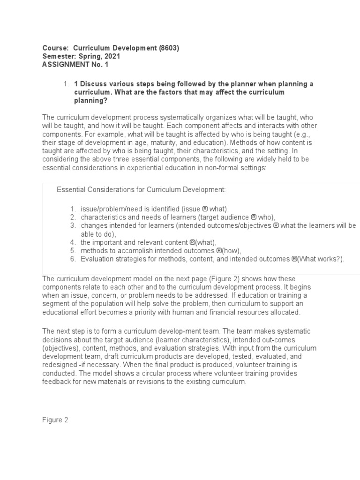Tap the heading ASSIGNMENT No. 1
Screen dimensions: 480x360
75,65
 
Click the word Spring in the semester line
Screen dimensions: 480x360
88,56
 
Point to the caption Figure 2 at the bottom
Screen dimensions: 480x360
55,420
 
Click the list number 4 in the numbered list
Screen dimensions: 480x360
73,242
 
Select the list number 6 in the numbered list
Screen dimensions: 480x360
73,259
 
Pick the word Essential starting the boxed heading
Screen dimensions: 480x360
71,189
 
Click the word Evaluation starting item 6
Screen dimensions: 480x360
97,259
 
